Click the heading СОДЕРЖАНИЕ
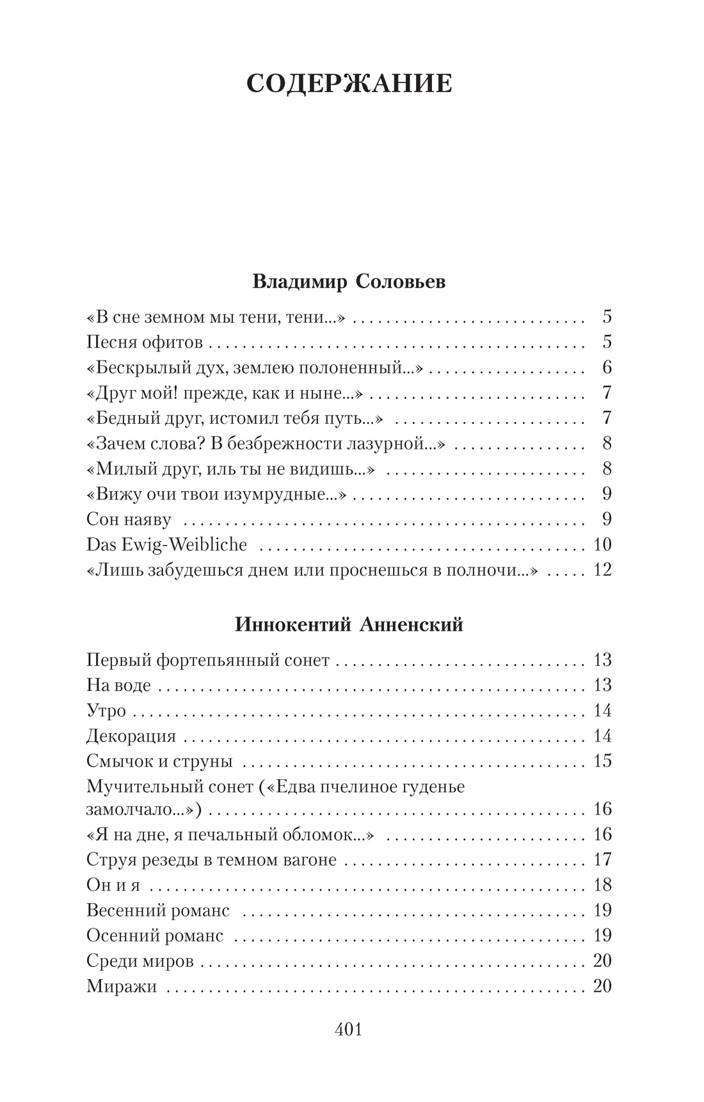click(x=349, y=84)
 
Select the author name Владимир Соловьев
click(x=349, y=282)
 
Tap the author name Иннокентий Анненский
click(x=349, y=624)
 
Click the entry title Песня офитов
click(x=145, y=343)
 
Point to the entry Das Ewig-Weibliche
click(x=166, y=545)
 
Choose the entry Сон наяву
click(x=129, y=519)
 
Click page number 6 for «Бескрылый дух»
click(x=607, y=368)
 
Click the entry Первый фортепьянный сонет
click(x=208, y=660)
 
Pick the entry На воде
click(x=118, y=686)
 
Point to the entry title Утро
click(x=106, y=711)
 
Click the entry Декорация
click(x=131, y=736)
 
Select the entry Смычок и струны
click(x=159, y=762)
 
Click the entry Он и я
click(x=113, y=886)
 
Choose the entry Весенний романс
click(x=158, y=911)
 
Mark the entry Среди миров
click(x=140, y=961)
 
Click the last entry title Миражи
click(x=122, y=987)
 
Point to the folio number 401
click(x=349, y=1030)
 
